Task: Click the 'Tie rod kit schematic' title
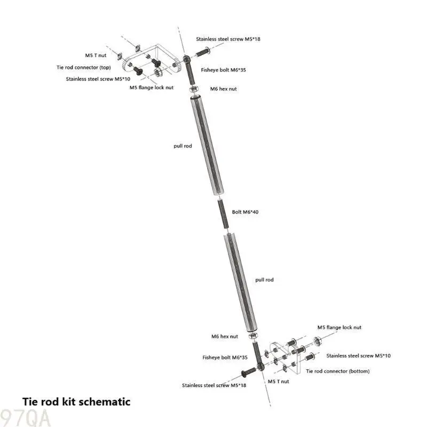[76, 402]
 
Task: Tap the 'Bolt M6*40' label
[245, 212]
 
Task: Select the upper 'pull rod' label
[183, 146]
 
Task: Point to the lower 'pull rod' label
[264, 280]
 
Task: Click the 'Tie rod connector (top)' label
[84, 67]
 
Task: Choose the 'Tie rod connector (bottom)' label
[338, 371]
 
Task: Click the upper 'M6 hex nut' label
[223, 89]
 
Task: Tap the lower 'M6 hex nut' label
[225, 336]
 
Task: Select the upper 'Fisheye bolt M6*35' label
[223, 70]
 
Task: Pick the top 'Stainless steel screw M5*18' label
[228, 39]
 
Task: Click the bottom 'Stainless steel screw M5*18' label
[214, 385]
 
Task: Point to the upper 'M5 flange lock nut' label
[152, 88]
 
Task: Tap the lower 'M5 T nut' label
[278, 382]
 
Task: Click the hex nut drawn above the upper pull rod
[194, 89]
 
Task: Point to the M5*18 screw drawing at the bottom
[248, 372]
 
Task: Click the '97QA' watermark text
[25, 418]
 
